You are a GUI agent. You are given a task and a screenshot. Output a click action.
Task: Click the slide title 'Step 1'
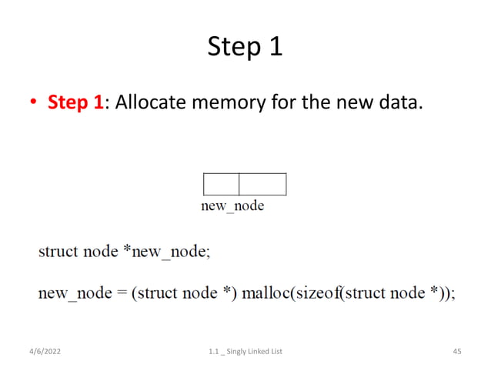pos(245,48)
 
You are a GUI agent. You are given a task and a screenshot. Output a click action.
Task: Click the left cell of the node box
pos(221,185)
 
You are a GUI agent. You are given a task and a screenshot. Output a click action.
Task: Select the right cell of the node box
pos(262,185)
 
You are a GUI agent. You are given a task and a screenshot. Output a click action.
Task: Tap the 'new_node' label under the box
pos(232,206)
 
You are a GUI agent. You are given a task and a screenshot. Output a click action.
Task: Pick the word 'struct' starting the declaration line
pos(58,252)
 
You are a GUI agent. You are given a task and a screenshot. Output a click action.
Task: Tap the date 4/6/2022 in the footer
pos(44,352)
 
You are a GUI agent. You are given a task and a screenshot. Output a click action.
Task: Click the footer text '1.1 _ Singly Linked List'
pos(245,352)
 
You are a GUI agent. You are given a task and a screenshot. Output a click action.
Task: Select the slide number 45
pos(456,352)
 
